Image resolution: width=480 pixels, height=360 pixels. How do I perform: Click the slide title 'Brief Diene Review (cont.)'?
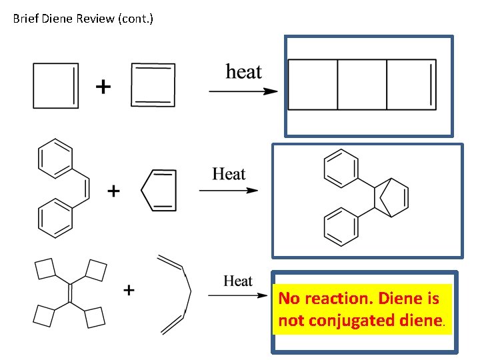tap(83, 19)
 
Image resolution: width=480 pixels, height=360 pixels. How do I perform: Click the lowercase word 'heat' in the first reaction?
tap(243, 71)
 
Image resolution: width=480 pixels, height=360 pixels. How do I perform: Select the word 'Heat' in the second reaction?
tap(229, 175)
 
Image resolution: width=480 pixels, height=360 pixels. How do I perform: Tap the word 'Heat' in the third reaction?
tap(238, 281)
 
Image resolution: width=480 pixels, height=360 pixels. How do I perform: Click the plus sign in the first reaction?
tap(103, 87)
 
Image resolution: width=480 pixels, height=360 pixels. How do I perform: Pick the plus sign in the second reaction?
tap(114, 192)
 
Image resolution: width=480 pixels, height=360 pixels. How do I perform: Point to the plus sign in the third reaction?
tap(129, 290)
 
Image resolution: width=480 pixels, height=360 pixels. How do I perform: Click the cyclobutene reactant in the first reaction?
tap(56, 85)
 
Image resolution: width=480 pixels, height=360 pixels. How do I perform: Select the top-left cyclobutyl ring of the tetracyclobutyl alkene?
tap(45, 270)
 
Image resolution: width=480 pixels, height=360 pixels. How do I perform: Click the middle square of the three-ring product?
tap(362, 84)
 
